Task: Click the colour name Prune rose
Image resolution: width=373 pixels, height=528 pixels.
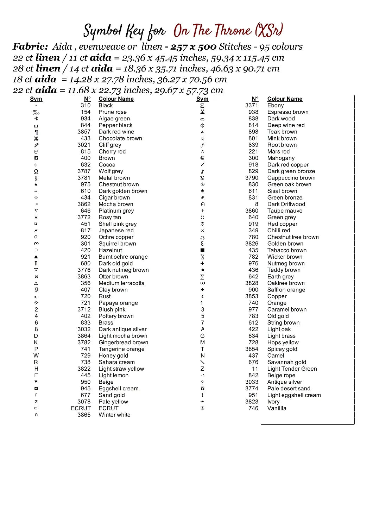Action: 112,112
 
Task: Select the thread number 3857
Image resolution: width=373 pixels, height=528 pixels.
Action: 84,132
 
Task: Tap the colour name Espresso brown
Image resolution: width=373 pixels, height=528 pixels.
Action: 287,112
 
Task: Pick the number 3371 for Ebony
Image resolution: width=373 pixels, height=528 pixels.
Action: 252,105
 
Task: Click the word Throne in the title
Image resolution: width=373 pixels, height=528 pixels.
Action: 233,31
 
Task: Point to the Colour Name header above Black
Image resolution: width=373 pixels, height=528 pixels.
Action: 116,99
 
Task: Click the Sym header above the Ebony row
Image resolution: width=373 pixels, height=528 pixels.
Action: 202,99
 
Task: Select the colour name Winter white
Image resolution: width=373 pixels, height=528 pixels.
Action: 114,415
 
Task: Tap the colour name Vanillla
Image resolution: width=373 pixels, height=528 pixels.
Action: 277,408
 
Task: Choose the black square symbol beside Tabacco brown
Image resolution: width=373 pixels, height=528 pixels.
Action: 202,250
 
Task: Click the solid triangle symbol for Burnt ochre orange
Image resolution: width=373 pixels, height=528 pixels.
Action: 36,257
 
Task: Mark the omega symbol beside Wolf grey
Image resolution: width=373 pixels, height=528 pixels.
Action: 36,171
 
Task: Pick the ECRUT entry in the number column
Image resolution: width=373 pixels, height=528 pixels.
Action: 81,408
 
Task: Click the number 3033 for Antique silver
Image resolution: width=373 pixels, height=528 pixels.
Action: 252,382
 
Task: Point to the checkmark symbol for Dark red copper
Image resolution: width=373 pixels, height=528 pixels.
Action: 202,165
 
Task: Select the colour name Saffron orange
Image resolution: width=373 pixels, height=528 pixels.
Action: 286,290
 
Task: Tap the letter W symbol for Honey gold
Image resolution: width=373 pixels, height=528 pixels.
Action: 36,356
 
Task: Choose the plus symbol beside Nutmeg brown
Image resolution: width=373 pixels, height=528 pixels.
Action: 202,263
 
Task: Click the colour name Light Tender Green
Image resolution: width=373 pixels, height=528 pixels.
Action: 292,369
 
